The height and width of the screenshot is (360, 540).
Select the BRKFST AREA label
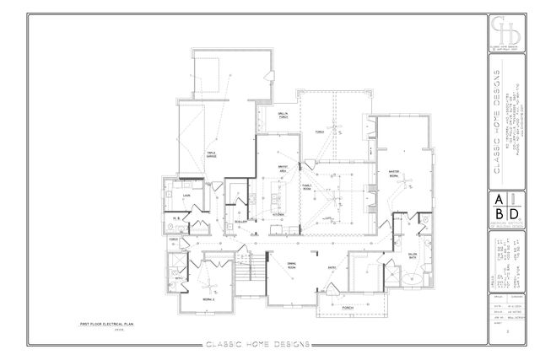point(273,169)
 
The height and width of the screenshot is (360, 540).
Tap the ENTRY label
point(332,268)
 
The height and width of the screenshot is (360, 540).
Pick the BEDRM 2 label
point(208,298)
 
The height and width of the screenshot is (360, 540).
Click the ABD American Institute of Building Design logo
point(505,207)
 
